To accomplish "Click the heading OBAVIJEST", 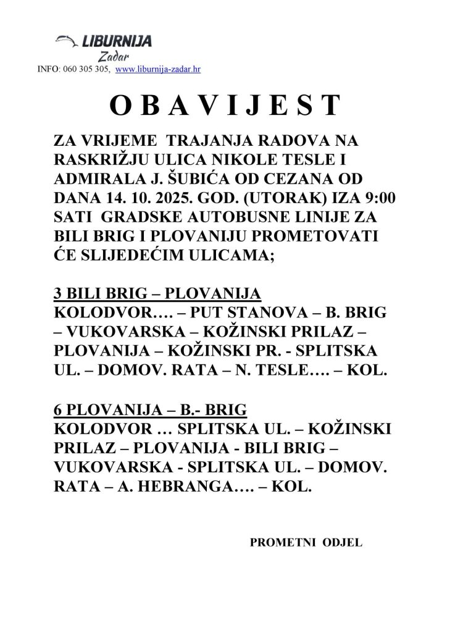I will (225, 106).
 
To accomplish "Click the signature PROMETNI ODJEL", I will (306, 543).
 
